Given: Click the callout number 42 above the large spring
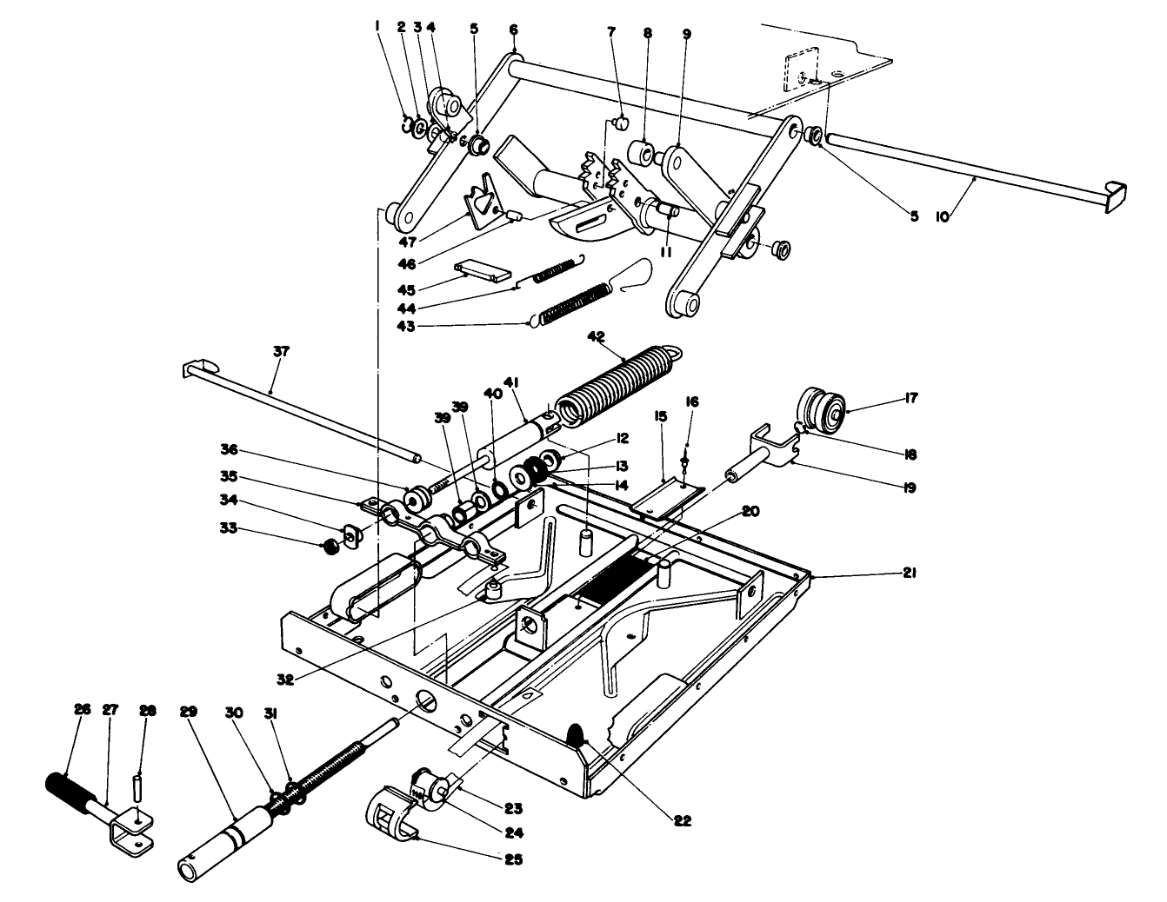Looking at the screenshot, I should (596, 335).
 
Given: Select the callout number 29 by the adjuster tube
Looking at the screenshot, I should (189, 712).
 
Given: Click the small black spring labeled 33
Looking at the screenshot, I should (330, 547).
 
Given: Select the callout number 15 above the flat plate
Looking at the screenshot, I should (662, 417).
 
